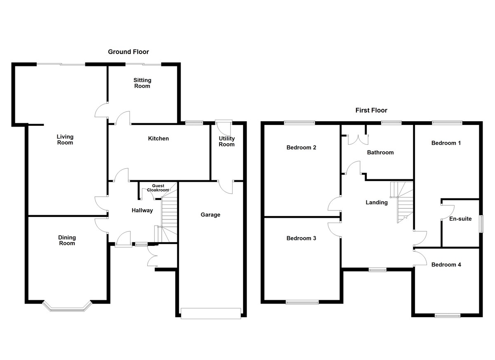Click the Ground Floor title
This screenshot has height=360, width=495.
click(x=128, y=52)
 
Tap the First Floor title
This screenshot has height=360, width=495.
click(x=371, y=111)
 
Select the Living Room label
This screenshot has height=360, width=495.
click(x=65, y=140)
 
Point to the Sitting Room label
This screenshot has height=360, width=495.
click(x=142, y=83)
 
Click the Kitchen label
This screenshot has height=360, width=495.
click(x=158, y=139)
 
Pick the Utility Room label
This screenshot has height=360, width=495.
click(x=226, y=141)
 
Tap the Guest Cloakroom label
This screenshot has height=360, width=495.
click(x=158, y=188)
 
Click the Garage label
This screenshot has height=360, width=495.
click(x=210, y=214)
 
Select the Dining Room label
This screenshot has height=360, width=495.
click(x=67, y=240)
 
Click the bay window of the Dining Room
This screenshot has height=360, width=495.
click(x=67, y=306)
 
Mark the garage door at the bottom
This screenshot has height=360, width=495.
click(x=210, y=314)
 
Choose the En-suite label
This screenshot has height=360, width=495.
click(x=460, y=219)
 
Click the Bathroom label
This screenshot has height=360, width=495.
click(x=380, y=153)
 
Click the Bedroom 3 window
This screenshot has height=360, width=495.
click(x=302, y=302)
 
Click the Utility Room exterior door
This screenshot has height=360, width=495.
click(x=224, y=122)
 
